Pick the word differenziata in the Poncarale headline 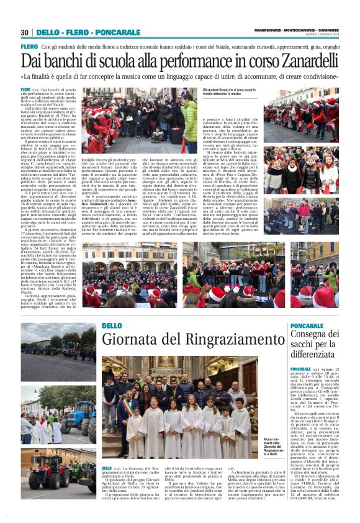point(314,355)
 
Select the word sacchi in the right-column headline point(305,345)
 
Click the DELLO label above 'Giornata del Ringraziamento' point(112,326)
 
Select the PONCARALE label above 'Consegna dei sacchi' point(307,326)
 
